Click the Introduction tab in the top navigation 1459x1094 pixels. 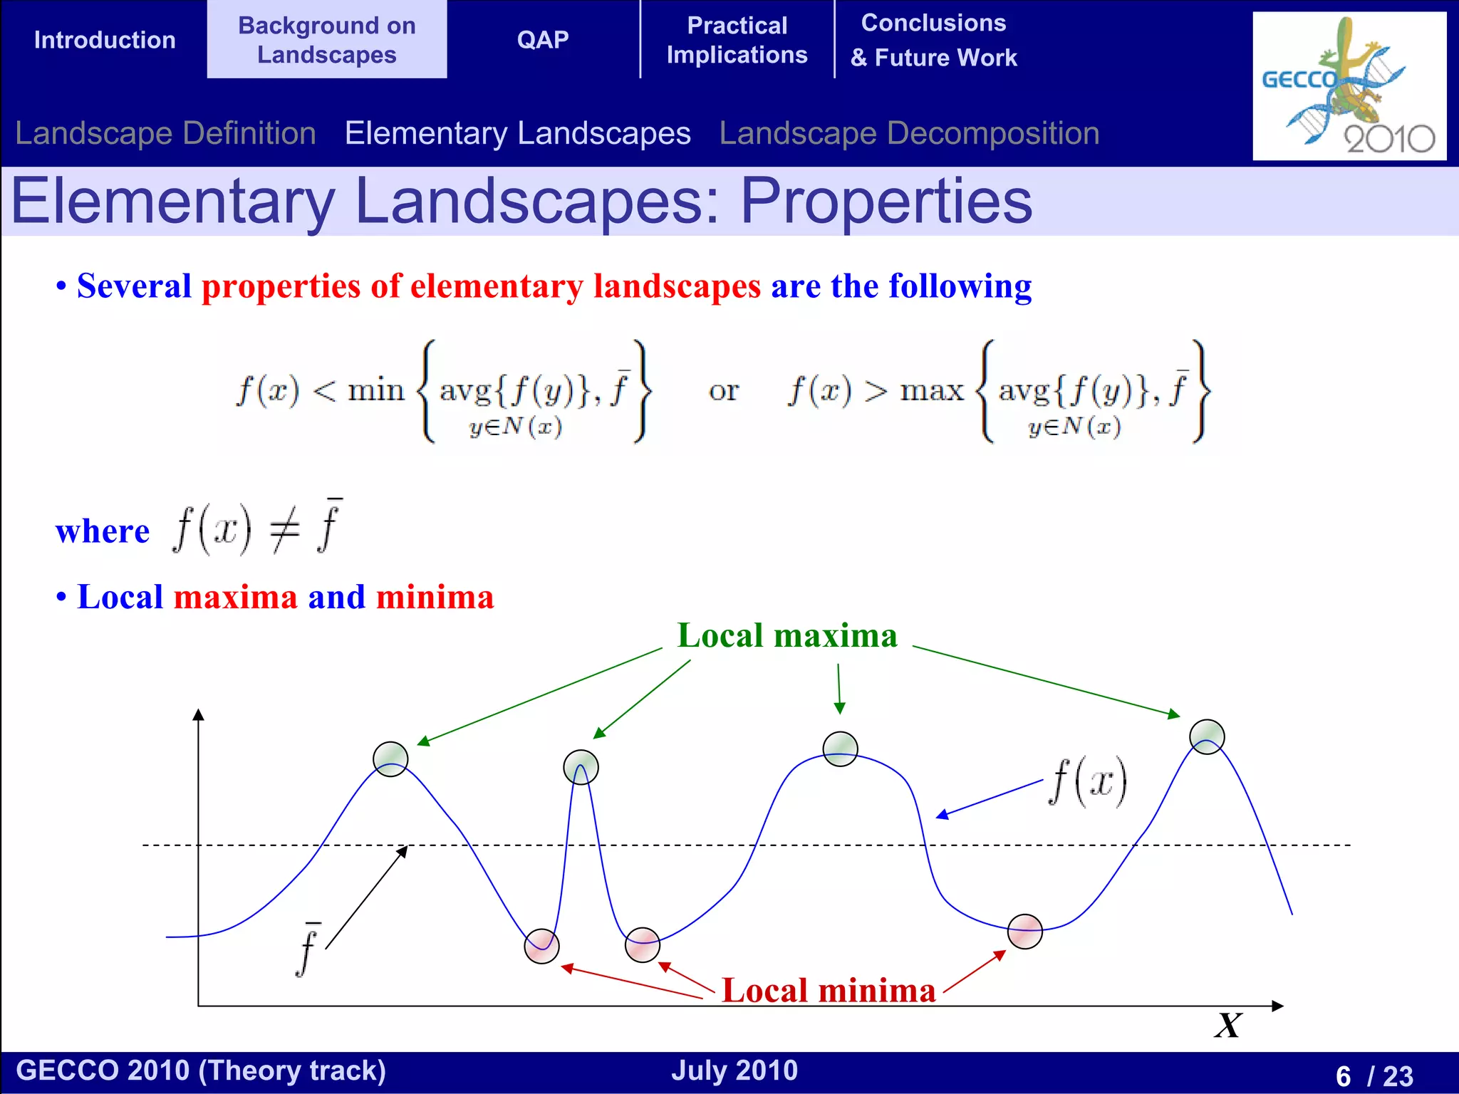[x=105, y=40]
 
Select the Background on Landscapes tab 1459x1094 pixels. [x=327, y=40]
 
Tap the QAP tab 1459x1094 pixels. [x=543, y=40]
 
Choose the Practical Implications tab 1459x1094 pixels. [x=737, y=40]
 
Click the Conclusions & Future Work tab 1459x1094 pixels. [x=933, y=40]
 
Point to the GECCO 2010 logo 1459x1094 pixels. [x=1349, y=85]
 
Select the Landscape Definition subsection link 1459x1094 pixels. [x=165, y=134]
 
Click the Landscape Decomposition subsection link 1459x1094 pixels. [x=909, y=134]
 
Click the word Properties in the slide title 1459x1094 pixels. [x=886, y=202]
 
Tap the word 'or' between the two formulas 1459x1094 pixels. [x=724, y=390]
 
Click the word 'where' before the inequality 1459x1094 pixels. [x=103, y=531]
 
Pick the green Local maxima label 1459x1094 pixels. [x=786, y=635]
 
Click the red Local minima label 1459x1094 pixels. [x=829, y=990]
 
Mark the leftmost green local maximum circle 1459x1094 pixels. [x=390, y=759]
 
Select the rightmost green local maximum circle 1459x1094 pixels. [x=1207, y=736]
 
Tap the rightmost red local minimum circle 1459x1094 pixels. [x=1025, y=932]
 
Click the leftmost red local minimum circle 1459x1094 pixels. [x=541, y=946]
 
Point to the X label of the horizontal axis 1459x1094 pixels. [x=1228, y=1026]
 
